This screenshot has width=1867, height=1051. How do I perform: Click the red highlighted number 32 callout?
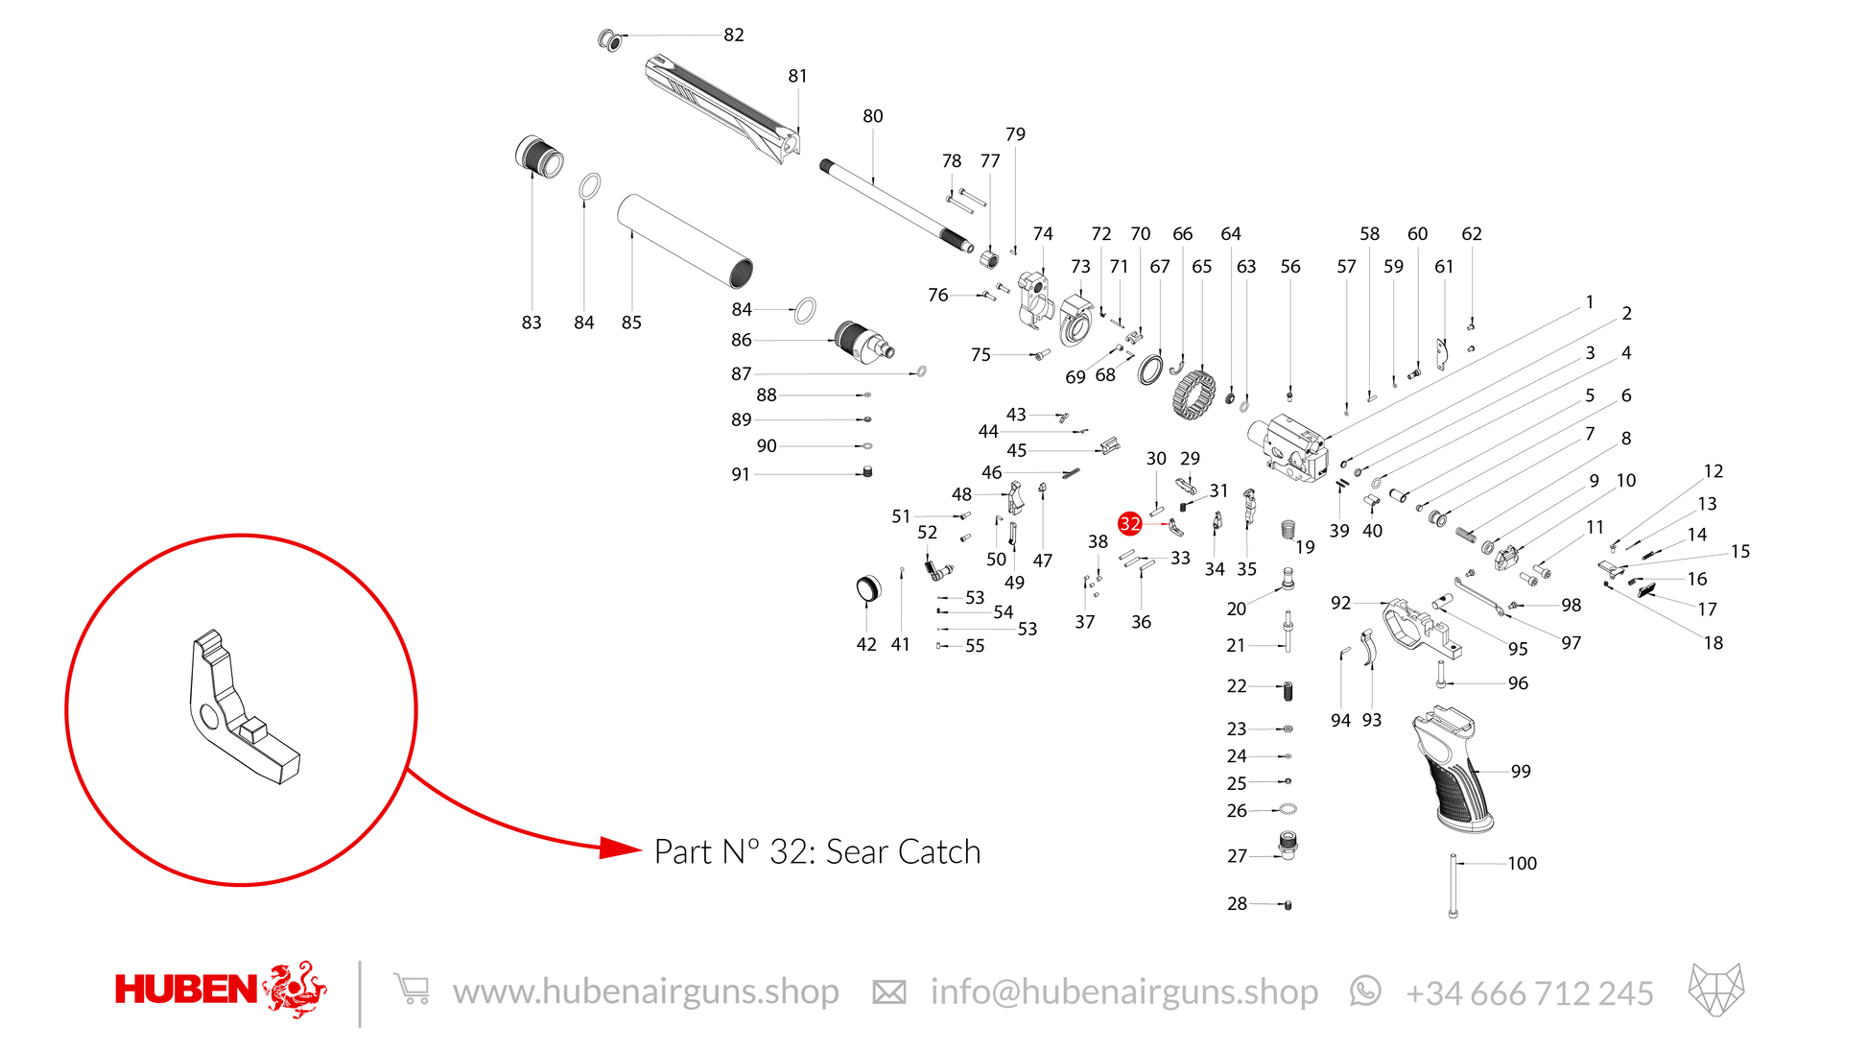tap(1130, 523)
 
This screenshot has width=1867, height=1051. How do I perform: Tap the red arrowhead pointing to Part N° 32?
tap(621, 848)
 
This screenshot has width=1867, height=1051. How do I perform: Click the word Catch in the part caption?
tap(939, 852)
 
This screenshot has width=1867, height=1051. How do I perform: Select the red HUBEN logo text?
tap(186, 990)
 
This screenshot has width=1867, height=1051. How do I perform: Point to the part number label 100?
tap(1522, 864)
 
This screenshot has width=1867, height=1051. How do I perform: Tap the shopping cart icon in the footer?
tap(412, 989)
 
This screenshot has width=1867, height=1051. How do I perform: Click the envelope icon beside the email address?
tap(889, 992)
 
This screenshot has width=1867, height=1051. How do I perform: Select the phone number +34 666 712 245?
tap(1529, 993)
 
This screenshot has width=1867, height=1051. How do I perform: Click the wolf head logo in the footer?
tap(1716, 990)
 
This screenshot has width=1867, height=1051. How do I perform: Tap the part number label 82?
tap(734, 36)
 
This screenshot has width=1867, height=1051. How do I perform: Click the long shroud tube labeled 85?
tap(684, 241)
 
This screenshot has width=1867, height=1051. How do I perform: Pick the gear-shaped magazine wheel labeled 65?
tap(1193, 394)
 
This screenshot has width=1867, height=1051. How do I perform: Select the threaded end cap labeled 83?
tap(539, 156)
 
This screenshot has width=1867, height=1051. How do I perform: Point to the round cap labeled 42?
tap(867, 588)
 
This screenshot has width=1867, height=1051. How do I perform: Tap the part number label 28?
tap(1237, 904)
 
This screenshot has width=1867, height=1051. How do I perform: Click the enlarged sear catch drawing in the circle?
tap(245, 706)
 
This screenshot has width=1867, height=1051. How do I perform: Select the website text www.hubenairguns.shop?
tap(646, 991)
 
